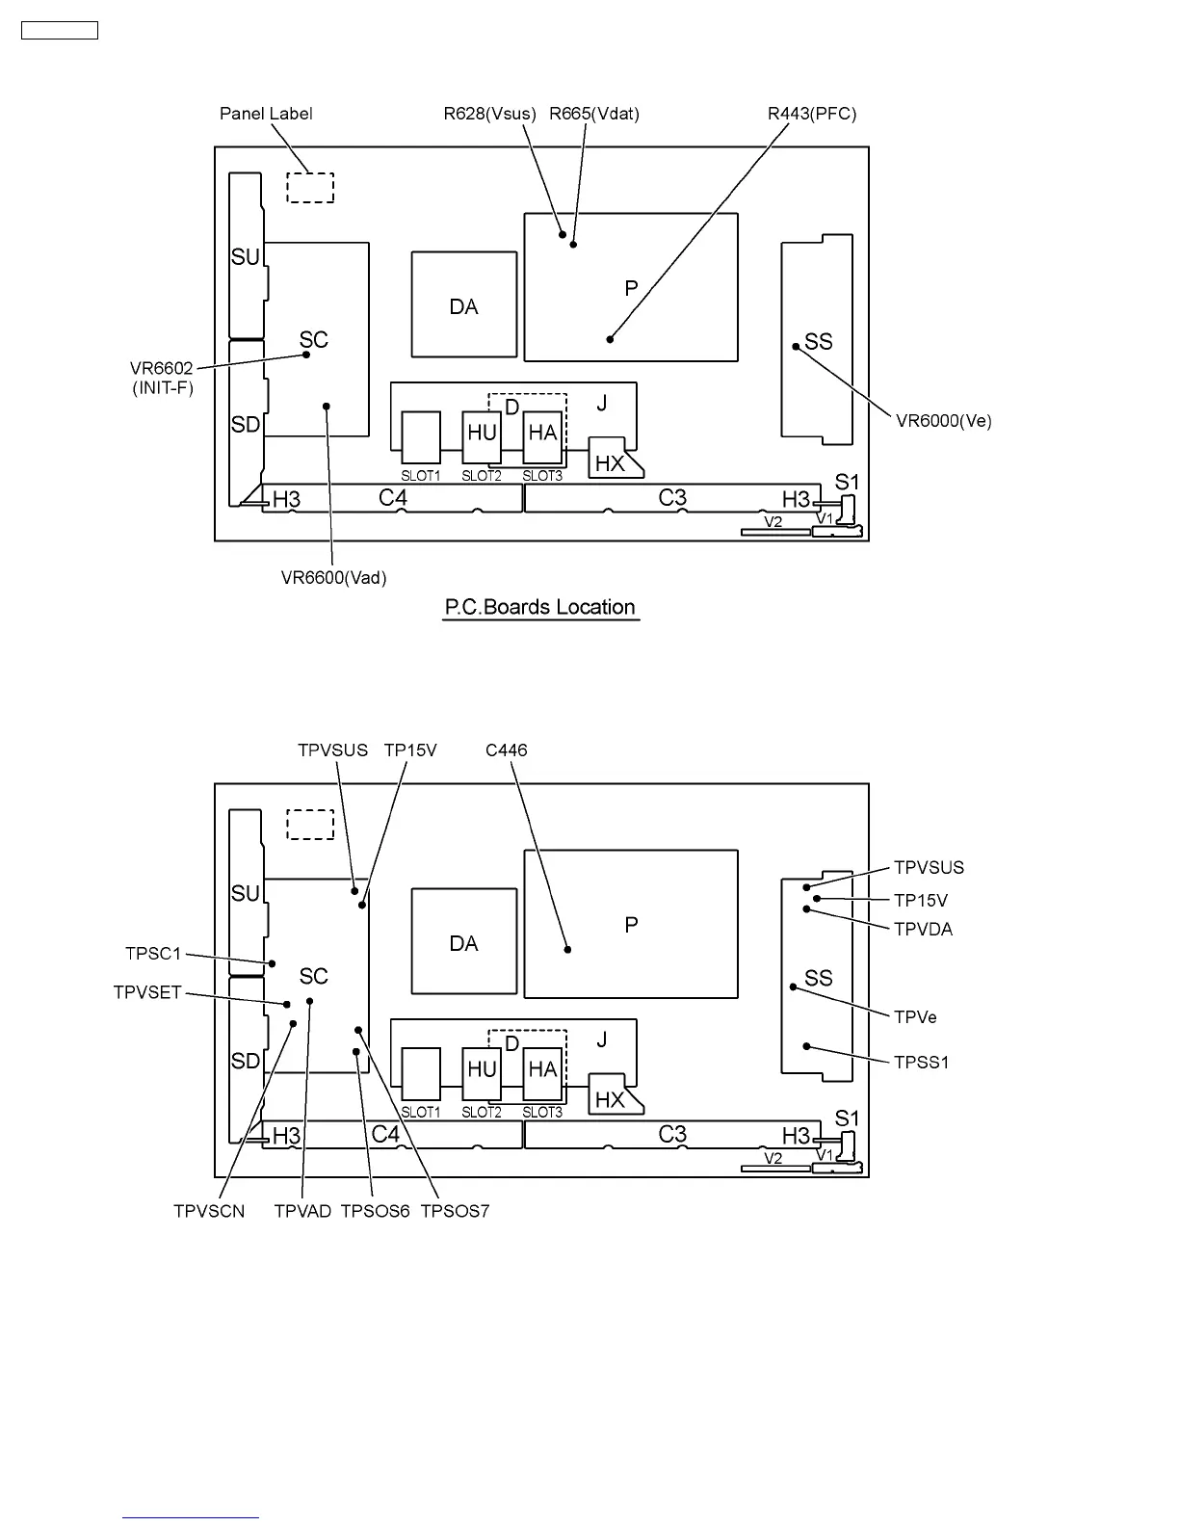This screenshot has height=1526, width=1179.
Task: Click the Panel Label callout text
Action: [x=266, y=114]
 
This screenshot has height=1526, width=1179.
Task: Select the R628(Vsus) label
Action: [x=489, y=114]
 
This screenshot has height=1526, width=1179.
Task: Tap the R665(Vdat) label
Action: [x=594, y=114]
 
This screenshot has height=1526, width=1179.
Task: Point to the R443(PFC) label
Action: [x=812, y=114]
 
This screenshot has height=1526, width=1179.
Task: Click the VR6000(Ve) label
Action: [x=944, y=421]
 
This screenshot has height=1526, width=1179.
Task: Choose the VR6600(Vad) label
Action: [x=333, y=578]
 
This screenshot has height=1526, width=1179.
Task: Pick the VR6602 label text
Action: [x=162, y=368]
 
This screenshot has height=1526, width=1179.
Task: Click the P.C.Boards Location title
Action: [x=540, y=608]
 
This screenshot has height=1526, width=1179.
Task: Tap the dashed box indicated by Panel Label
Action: [x=310, y=188]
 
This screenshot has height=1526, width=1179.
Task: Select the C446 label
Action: [x=507, y=750]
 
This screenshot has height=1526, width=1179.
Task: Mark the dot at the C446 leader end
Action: [x=567, y=949]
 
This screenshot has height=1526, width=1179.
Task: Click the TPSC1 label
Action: [x=153, y=954]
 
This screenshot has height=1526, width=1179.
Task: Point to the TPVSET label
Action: [x=147, y=992]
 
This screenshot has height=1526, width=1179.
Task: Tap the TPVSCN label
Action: [x=209, y=1212]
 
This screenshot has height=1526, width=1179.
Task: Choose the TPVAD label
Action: [x=302, y=1212]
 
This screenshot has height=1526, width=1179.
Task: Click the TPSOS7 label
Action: [x=455, y=1212]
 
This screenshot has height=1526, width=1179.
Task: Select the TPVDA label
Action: [x=923, y=930]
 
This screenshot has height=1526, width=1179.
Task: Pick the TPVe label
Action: [x=915, y=1017]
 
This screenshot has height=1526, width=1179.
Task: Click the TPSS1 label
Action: [x=922, y=1063]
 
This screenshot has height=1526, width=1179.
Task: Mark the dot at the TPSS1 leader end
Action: [x=807, y=1046]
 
